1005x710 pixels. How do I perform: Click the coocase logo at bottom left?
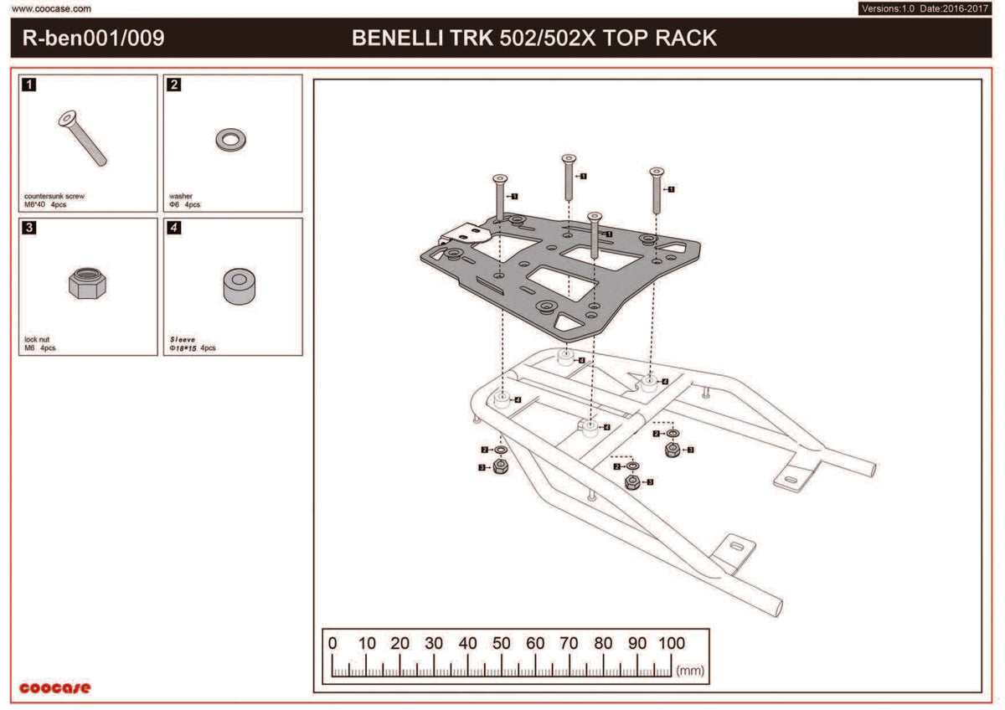click(54, 687)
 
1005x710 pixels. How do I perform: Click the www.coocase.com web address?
click(51, 8)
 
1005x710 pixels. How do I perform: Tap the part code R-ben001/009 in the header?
click(93, 39)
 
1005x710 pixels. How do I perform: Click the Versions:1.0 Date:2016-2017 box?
click(925, 8)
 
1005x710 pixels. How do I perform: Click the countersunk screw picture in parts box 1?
click(83, 137)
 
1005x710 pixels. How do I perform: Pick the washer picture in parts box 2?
click(230, 140)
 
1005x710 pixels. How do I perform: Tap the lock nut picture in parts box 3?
click(87, 284)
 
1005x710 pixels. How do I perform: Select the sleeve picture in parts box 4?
click(240, 286)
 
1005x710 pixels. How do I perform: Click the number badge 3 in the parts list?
click(28, 228)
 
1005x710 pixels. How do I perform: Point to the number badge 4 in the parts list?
click(173, 228)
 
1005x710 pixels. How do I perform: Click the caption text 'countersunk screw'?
click(54, 196)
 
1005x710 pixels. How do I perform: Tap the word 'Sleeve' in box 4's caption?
click(183, 340)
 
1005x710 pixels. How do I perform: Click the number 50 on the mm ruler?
click(501, 643)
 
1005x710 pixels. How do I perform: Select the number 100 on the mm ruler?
click(672, 643)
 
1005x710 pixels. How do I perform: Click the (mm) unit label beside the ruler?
click(690, 671)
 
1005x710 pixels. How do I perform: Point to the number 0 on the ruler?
click(332, 643)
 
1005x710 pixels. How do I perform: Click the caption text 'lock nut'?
click(37, 340)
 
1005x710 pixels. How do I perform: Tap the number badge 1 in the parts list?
click(28, 85)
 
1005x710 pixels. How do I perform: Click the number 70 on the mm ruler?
click(569, 643)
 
